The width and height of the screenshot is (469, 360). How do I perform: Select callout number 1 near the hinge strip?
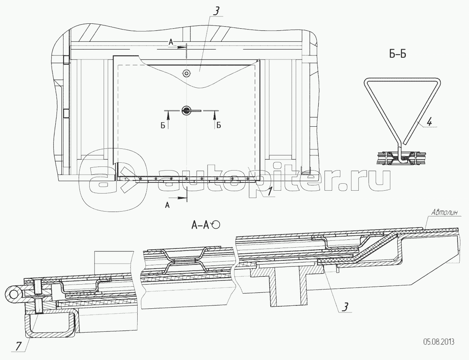pyautogui.click(x=270, y=191)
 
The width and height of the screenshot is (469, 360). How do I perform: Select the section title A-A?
pyautogui.click(x=200, y=225)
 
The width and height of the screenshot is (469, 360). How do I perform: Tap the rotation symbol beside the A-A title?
pyautogui.click(x=216, y=224)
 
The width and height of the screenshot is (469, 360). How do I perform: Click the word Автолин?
pyautogui.click(x=444, y=212)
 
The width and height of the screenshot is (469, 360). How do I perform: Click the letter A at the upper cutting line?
pyautogui.click(x=172, y=41)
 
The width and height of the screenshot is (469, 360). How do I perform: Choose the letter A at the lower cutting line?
pyautogui.click(x=167, y=206)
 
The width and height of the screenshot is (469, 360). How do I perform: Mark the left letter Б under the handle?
pyautogui.click(x=163, y=125)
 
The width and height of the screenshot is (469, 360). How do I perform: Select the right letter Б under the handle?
pyautogui.click(x=218, y=125)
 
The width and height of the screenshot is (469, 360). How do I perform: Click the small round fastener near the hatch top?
pyautogui.click(x=187, y=74)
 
